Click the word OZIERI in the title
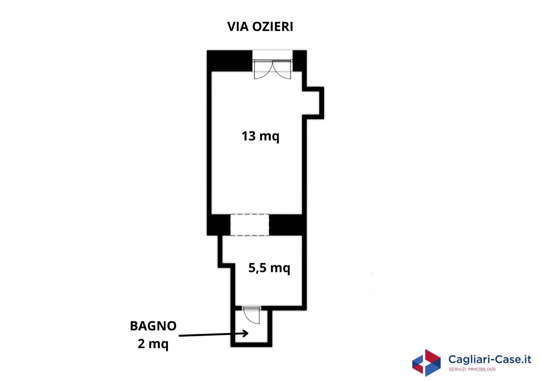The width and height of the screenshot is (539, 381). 273,27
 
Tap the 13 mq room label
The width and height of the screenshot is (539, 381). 260,136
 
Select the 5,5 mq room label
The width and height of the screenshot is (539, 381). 269,268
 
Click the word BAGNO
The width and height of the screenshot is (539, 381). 153,326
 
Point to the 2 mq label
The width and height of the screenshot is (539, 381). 153,344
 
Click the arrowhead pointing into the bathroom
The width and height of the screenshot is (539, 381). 245,333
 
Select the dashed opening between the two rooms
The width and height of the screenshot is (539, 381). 250,225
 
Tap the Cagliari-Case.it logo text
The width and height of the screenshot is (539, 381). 490,359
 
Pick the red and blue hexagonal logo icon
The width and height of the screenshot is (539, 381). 426,362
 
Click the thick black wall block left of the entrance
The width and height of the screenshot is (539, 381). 230,61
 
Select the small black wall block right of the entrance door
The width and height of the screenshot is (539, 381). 300,61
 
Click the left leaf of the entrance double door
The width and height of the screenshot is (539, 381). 263,70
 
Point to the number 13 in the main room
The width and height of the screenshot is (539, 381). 248,136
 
